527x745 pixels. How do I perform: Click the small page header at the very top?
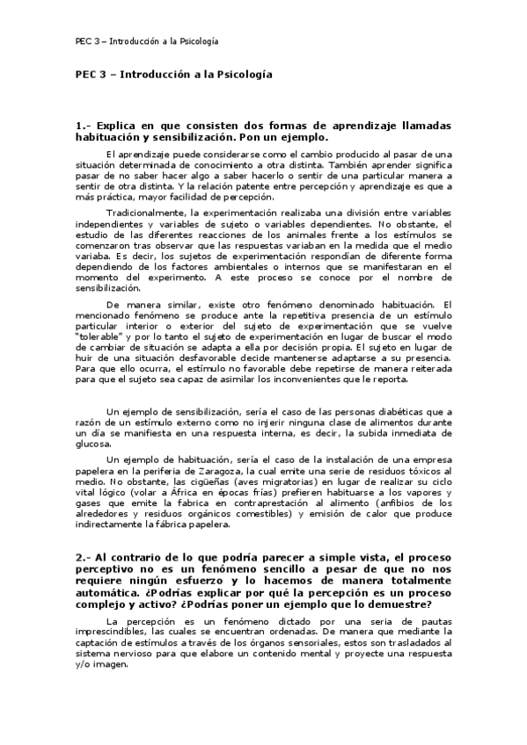coord(146,41)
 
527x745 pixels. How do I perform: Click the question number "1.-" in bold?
coord(84,127)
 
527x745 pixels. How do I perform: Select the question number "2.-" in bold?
coord(84,557)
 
